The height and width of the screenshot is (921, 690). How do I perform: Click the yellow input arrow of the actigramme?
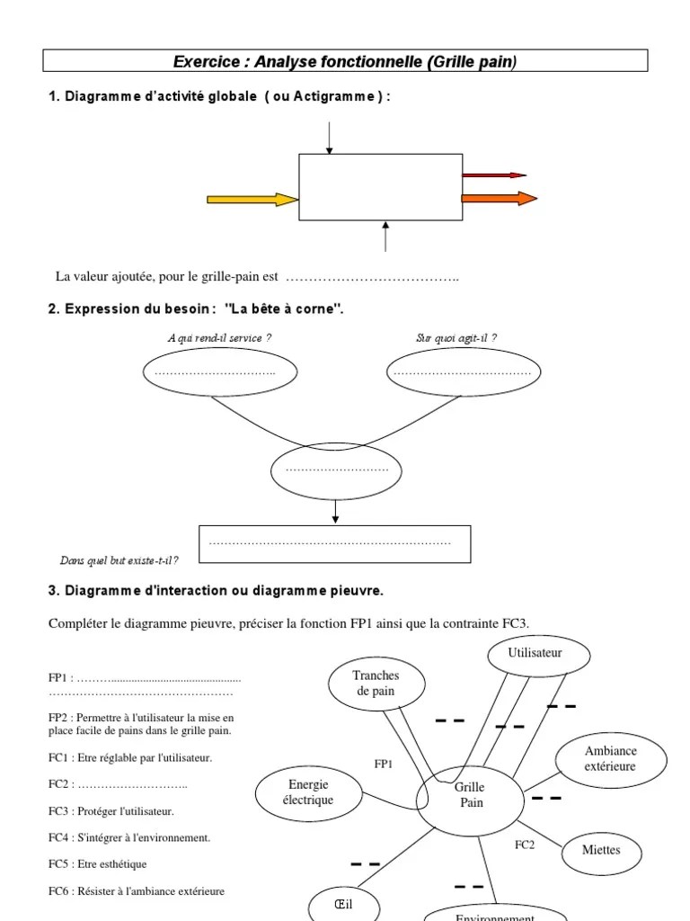(x=252, y=199)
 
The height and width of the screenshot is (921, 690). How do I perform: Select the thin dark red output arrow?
(x=493, y=175)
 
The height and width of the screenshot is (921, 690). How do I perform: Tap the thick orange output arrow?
(x=499, y=198)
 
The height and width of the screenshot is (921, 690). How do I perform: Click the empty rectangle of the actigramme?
(x=380, y=187)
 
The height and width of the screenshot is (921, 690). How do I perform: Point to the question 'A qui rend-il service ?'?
(x=219, y=338)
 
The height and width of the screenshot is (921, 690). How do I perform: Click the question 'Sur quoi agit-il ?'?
(x=456, y=338)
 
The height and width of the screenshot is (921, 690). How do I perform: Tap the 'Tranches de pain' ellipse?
(x=376, y=684)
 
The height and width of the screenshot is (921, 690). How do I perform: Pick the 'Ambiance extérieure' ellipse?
(x=611, y=759)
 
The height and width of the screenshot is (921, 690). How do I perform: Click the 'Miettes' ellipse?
(x=601, y=850)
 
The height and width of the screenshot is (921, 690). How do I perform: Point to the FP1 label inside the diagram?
(x=385, y=764)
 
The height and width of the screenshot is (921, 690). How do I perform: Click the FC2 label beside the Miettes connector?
(x=525, y=845)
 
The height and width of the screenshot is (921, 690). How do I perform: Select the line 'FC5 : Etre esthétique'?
(x=98, y=863)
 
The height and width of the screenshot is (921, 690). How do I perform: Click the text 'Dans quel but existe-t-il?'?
(x=119, y=560)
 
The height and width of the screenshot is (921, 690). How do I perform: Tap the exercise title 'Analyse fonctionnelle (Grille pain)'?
(x=345, y=61)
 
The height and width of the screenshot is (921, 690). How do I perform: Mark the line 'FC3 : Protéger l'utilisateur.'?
(x=111, y=810)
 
